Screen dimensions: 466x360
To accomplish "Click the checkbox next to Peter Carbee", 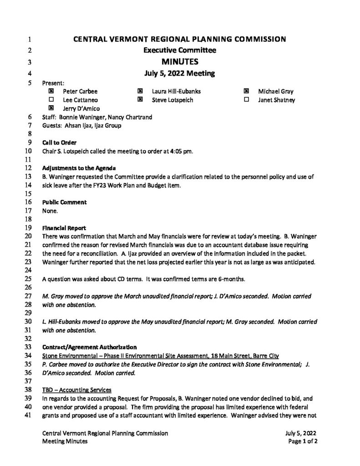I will click(51, 91).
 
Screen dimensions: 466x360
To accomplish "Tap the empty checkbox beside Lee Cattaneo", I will click(51, 100).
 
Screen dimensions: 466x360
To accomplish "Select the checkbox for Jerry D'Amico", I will click(51, 108).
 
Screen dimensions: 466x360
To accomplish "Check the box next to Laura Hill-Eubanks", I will click(140, 91).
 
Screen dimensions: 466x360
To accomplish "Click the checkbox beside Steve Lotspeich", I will click(140, 100).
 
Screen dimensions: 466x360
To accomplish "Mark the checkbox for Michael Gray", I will click(247, 91).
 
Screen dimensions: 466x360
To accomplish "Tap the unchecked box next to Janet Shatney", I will click(247, 100).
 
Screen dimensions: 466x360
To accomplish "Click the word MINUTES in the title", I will click(180, 61).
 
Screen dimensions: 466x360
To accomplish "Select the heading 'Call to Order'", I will click(59, 143).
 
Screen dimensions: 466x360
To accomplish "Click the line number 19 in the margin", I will click(27, 228).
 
